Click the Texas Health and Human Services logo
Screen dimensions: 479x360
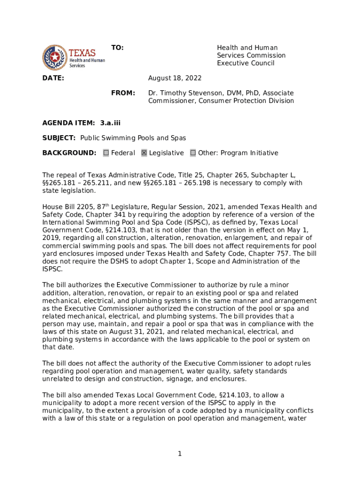tap(73, 57)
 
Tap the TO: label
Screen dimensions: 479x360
tap(117, 48)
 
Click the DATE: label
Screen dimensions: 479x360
tap(53, 78)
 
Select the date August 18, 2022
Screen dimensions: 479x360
tap(175, 78)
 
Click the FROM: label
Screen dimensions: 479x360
tap(123, 93)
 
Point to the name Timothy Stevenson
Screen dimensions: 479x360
tap(185, 93)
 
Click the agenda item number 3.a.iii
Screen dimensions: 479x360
tap(110, 123)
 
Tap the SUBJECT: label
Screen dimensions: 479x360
tap(59, 138)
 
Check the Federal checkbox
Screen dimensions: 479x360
tap(106, 153)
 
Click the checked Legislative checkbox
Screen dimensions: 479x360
tap(144, 153)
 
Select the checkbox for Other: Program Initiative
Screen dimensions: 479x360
tap(193, 153)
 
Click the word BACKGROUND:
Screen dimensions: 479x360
tap(69, 153)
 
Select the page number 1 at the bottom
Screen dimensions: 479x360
tap(180, 453)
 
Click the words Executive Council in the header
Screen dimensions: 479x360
tap(245, 63)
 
